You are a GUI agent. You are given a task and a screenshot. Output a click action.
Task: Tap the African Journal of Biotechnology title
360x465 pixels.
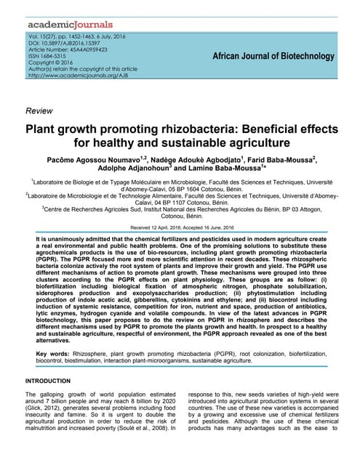[x=273, y=57]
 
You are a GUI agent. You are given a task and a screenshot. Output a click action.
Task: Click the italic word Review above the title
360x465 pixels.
[x=38, y=110]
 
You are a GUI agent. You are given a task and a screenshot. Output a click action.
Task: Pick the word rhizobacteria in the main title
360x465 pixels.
[x=196, y=129]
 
